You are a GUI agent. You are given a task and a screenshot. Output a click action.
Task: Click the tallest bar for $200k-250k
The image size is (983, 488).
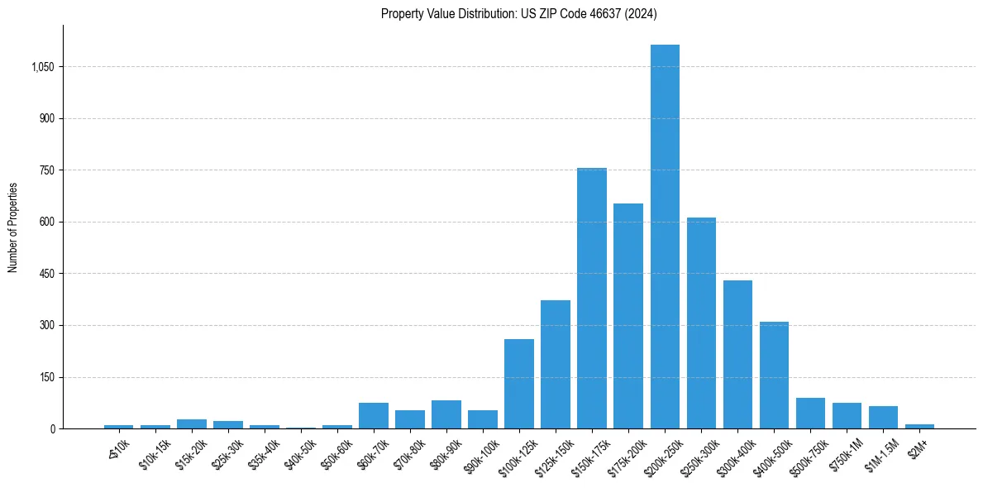[665, 237]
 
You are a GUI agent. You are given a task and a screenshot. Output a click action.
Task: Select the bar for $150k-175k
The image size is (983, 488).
[592, 299]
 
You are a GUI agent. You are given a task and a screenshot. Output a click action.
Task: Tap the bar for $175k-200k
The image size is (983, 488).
[628, 316]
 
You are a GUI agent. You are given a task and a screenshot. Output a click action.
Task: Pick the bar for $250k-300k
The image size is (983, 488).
[701, 323]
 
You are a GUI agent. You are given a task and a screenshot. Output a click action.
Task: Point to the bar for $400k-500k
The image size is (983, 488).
[774, 376]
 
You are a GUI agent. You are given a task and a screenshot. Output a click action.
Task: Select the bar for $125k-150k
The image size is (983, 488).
[556, 365]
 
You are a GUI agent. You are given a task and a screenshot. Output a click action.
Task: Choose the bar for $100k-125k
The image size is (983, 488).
[519, 384]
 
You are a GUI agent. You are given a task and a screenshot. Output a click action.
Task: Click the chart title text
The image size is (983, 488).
[519, 13]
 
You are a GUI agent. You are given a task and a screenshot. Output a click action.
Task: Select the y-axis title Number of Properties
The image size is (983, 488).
[13, 227]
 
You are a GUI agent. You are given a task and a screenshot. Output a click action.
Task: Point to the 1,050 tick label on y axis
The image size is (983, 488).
[42, 67]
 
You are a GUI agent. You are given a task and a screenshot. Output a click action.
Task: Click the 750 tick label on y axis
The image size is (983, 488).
[46, 170]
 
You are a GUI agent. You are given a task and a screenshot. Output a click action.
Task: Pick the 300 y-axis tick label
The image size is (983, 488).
[46, 325]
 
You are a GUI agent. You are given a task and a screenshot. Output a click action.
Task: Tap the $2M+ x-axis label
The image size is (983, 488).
[917, 447]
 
